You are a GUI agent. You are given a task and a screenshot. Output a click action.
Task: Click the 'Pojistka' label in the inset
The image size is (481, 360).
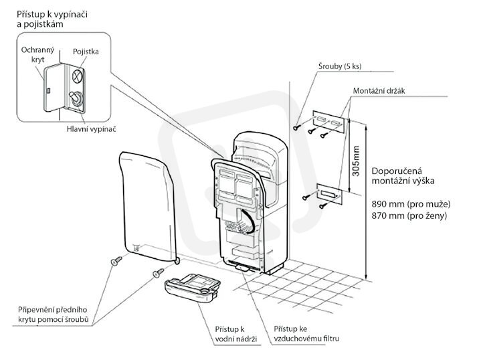pyautogui.click(x=86, y=52)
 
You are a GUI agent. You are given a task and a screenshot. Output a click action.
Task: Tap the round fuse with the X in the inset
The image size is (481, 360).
pyautogui.click(x=78, y=76)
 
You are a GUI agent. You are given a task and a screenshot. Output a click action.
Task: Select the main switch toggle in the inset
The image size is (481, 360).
pyautogui.click(x=76, y=98)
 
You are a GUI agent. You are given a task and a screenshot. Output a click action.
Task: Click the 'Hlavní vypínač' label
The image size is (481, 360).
pyautogui.click(x=92, y=129)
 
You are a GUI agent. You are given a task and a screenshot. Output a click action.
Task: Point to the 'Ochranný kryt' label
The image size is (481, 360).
pyautogui.click(x=37, y=55)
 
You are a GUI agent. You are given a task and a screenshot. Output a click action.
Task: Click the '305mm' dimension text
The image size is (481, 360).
pyautogui.click(x=355, y=161)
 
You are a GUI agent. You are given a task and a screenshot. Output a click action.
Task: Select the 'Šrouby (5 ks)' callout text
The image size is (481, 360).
pyautogui.click(x=340, y=66)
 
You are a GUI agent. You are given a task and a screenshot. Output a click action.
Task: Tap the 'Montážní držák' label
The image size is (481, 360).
pyautogui.click(x=379, y=91)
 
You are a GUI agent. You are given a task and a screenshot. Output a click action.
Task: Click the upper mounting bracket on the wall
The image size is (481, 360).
pyautogui.click(x=328, y=122)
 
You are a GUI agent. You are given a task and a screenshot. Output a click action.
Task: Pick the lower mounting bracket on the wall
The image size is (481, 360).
pyautogui.click(x=329, y=194)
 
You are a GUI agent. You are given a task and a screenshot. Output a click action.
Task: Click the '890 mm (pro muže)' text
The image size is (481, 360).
pyautogui.click(x=411, y=204)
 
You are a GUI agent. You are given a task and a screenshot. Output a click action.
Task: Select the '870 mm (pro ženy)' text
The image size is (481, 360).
pyautogui.click(x=409, y=215)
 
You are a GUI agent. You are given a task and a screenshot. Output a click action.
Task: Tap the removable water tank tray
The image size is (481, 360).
pyautogui.click(x=193, y=287)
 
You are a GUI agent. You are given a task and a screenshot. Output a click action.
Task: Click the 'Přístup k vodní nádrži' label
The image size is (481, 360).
pyautogui.click(x=235, y=334)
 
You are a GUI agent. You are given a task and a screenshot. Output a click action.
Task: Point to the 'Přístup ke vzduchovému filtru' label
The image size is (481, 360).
pyautogui.click(x=306, y=334)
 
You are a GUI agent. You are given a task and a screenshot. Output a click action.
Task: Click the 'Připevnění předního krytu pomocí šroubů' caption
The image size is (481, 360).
pyautogui.click(x=53, y=314)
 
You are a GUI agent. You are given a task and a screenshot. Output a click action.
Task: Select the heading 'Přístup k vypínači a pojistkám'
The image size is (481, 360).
pyautogui.click(x=52, y=19)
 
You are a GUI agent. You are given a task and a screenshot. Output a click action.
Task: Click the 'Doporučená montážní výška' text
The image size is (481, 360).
pyautogui.click(x=403, y=176)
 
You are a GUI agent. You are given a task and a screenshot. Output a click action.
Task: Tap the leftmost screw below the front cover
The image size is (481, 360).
pyautogui.click(x=116, y=261)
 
